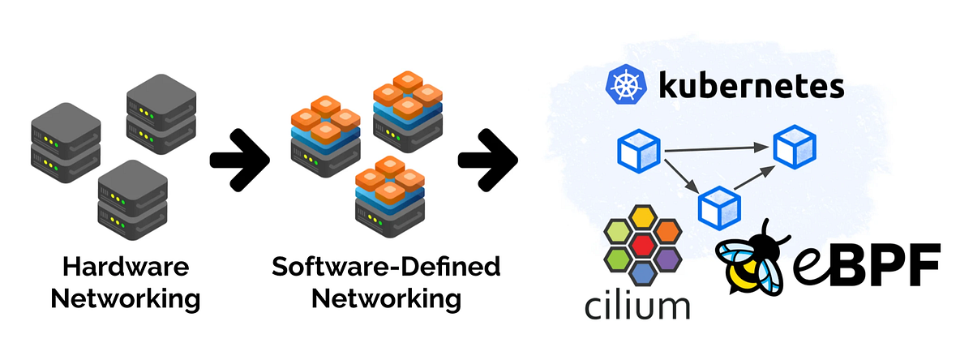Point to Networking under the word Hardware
click(x=125, y=298)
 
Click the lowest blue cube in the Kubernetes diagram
click(x=719, y=206)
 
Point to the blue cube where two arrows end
click(x=793, y=146)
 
